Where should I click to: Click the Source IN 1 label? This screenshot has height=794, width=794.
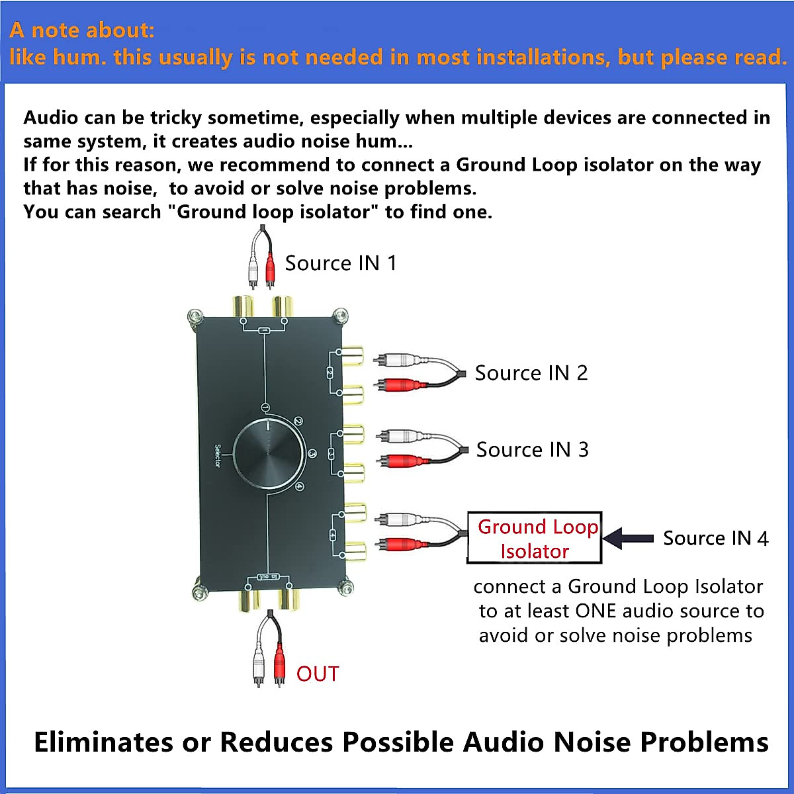point(341,263)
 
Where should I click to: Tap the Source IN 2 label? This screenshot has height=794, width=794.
point(531,373)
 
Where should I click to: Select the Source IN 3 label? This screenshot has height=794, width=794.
point(533,450)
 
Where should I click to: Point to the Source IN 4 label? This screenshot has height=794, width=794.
point(716,539)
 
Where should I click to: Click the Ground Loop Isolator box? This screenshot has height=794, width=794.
point(535,538)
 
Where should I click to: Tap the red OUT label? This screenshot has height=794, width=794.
point(318,674)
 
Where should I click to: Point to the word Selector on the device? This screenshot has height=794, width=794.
point(218,455)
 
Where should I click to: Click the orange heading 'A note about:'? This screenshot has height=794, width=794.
point(82,30)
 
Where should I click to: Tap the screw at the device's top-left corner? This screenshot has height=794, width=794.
point(195,317)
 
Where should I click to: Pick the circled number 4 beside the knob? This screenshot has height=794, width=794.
point(300,487)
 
